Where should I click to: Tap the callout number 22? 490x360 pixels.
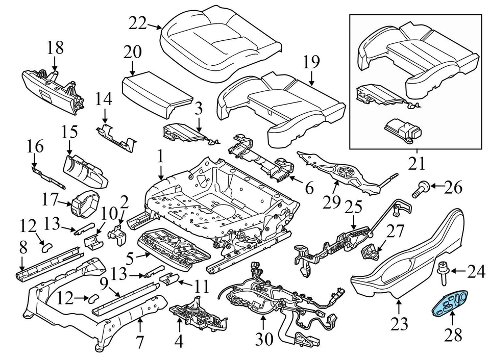pyautogui.click(x=137, y=23)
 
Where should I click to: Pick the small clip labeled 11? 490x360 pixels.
pyautogui.click(x=170, y=279)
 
